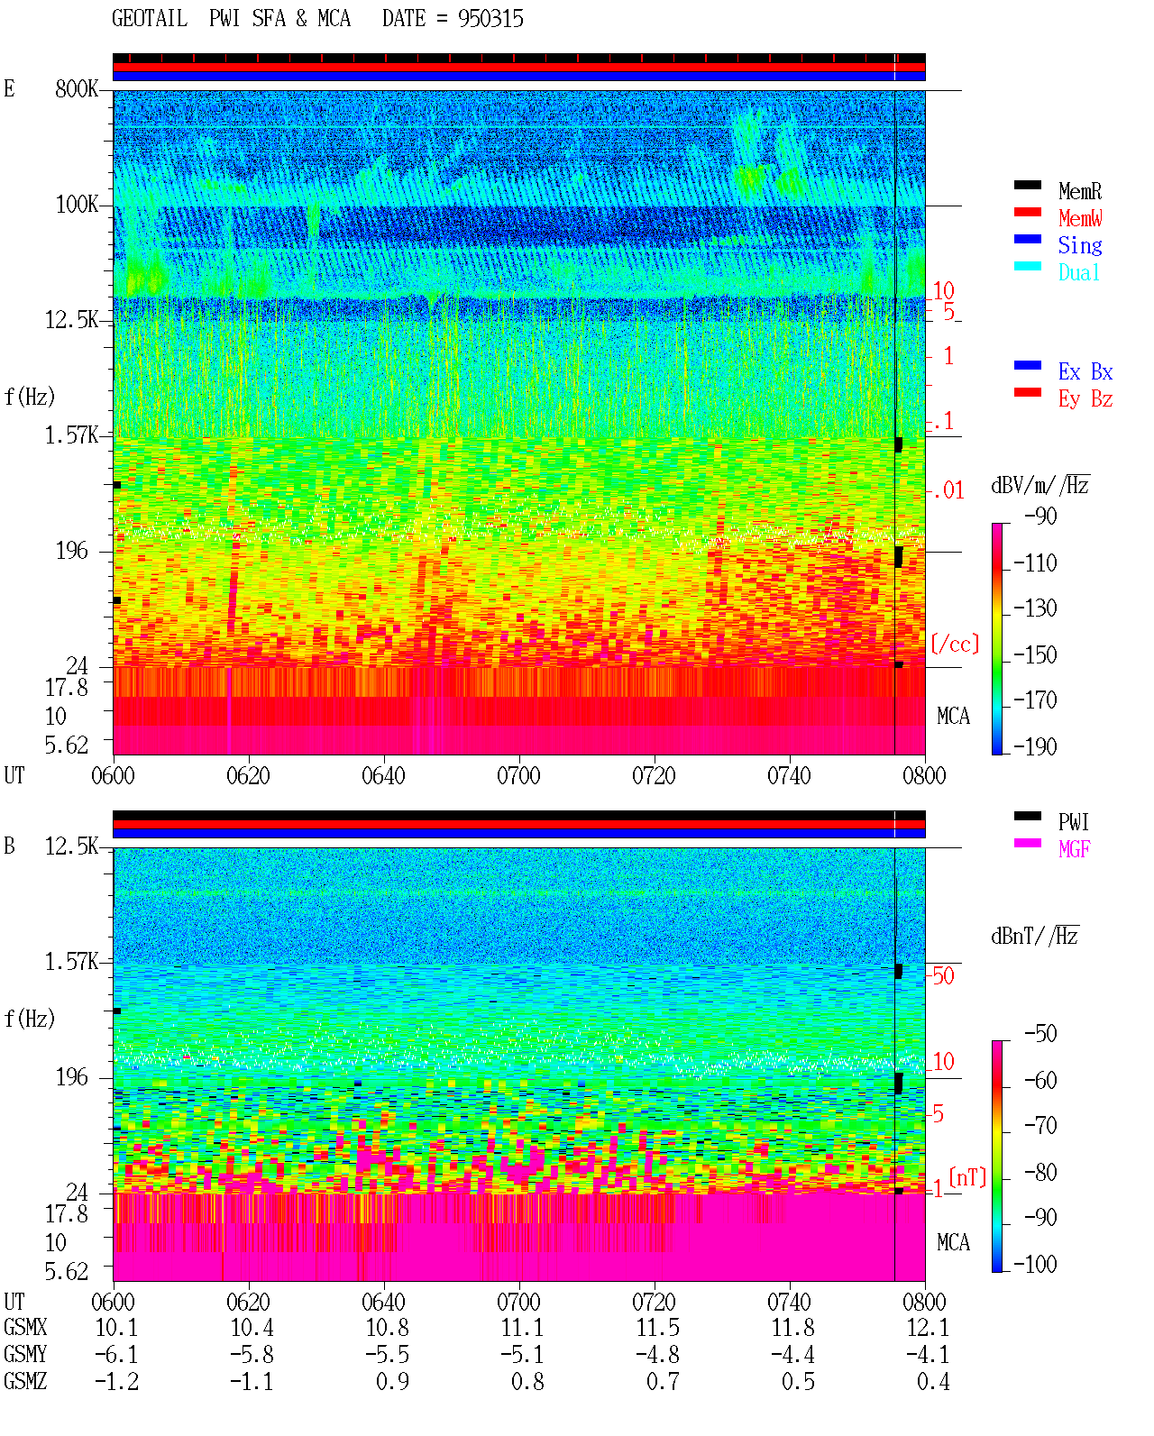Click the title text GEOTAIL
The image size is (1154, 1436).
click(150, 19)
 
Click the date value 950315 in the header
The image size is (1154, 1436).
click(490, 19)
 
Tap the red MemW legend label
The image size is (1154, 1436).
click(1079, 218)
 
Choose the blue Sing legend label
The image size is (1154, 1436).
click(1079, 245)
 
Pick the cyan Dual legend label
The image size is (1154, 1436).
click(1078, 272)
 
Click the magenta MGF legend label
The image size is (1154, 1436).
click(1074, 849)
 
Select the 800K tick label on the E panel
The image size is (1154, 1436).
click(76, 89)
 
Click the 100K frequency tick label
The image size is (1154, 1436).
click(76, 205)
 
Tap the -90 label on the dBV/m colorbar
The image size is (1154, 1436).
click(1040, 516)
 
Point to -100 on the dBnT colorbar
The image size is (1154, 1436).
click(1035, 1264)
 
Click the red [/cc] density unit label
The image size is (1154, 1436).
click(955, 644)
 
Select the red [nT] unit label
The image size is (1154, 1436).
click(967, 1177)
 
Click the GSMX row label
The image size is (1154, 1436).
click(25, 1328)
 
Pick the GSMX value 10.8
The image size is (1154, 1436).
click(387, 1328)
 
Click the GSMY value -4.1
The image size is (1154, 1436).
click(927, 1355)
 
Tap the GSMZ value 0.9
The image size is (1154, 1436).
click(392, 1381)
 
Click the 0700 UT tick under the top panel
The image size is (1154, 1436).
click(518, 776)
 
